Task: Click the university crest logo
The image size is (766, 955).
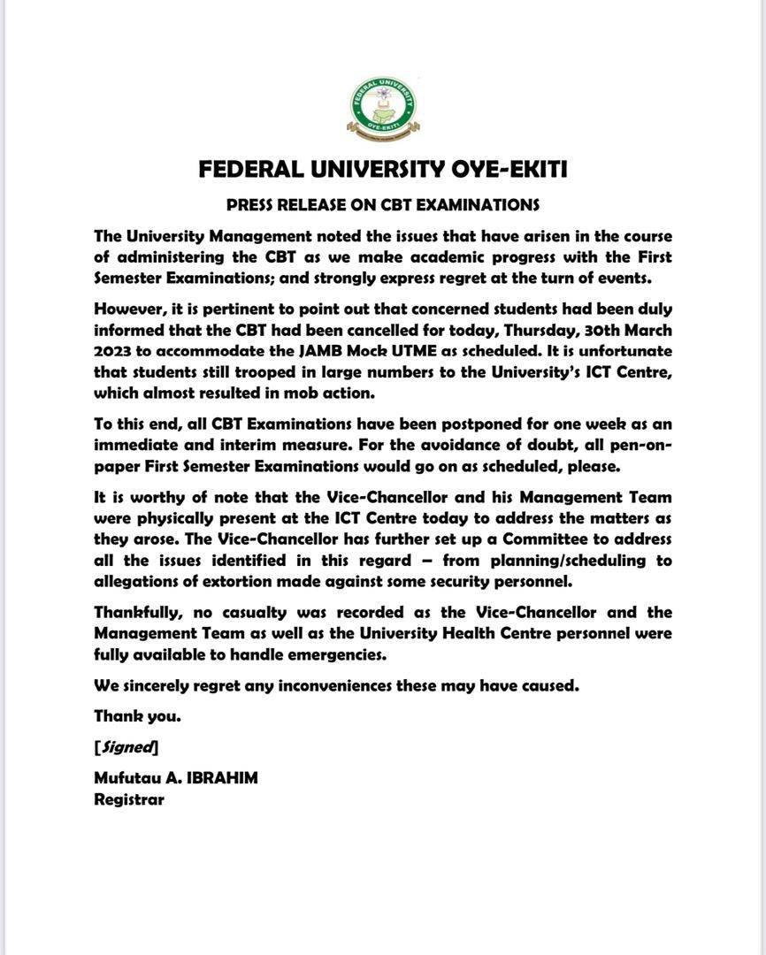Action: [383, 108]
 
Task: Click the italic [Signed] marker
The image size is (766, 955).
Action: [126, 748]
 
